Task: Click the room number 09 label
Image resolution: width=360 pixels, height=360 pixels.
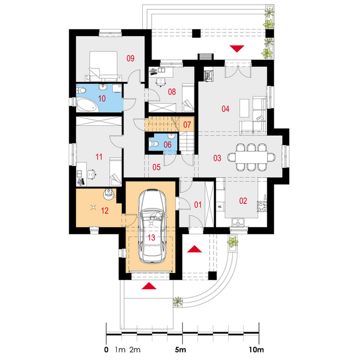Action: pyautogui.click(x=131, y=58)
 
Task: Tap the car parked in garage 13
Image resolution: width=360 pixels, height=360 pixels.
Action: pyautogui.click(x=152, y=226)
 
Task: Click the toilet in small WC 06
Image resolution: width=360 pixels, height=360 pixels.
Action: pyautogui.click(x=154, y=144)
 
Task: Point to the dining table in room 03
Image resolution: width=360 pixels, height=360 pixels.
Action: pyautogui.click(x=251, y=157)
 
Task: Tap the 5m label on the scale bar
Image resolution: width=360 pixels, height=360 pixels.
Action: pyautogui.click(x=181, y=350)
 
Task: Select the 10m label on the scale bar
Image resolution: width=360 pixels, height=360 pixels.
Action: pyautogui.click(x=256, y=350)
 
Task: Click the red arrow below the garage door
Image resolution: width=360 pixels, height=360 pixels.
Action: pyautogui.click(x=149, y=286)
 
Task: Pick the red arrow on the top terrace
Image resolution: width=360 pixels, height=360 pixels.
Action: pyautogui.click(x=237, y=49)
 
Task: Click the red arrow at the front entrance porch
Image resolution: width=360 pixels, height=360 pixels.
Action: pyautogui.click(x=195, y=249)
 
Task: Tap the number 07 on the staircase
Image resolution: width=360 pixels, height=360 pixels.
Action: pyautogui.click(x=187, y=125)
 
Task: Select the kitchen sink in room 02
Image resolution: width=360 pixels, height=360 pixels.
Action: pyautogui.click(x=237, y=222)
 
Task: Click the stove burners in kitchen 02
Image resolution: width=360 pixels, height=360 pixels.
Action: pyautogui.click(x=262, y=206)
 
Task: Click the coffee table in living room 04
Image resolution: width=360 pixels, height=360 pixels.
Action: pyautogui.click(x=244, y=108)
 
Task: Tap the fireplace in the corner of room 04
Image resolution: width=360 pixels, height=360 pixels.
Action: pyautogui.click(x=208, y=75)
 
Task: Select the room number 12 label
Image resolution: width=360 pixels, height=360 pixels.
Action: pyautogui.click(x=105, y=211)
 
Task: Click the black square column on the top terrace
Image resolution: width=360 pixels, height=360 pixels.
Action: pyautogui.click(x=196, y=34)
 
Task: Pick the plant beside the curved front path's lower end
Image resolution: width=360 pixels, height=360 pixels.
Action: pyautogui.click(x=178, y=301)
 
